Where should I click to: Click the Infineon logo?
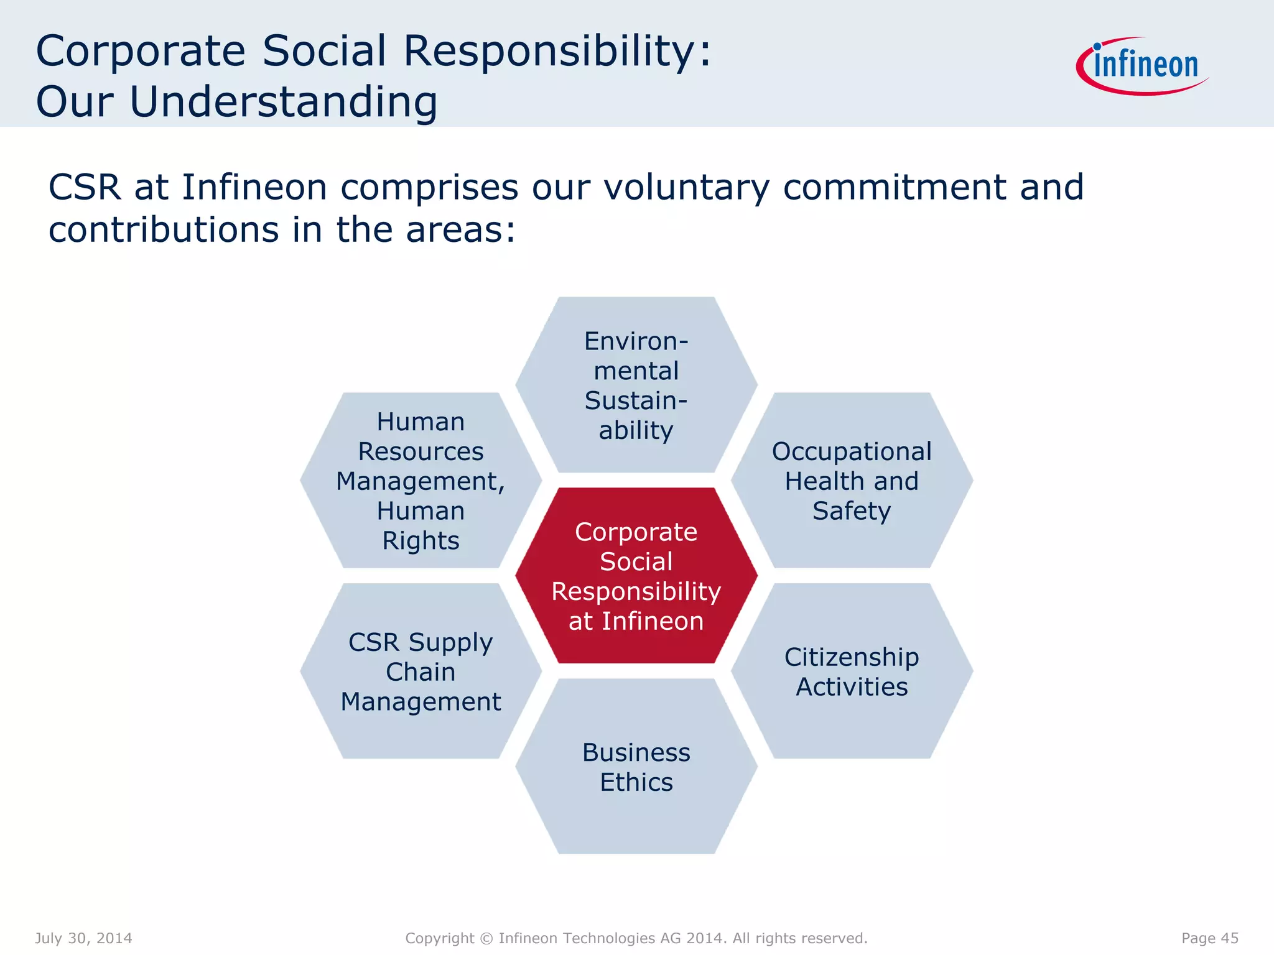[x=1143, y=65]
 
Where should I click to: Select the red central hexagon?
[x=636, y=575]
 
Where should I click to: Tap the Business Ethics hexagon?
[x=636, y=767]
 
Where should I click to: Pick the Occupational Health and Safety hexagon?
[x=852, y=481]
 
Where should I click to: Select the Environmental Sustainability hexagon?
[x=636, y=385]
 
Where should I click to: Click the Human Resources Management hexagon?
[x=421, y=481]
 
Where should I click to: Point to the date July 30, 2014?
[x=83, y=938]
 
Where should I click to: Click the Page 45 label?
[x=1209, y=938]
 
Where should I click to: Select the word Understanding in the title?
[x=283, y=102]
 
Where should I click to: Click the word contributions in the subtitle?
[x=164, y=230]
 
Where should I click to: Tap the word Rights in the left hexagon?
[x=421, y=541]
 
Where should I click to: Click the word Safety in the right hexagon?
[x=852, y=511]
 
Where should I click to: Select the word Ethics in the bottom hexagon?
[x=636, y=782]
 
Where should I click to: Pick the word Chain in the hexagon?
[x=421, y=672]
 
